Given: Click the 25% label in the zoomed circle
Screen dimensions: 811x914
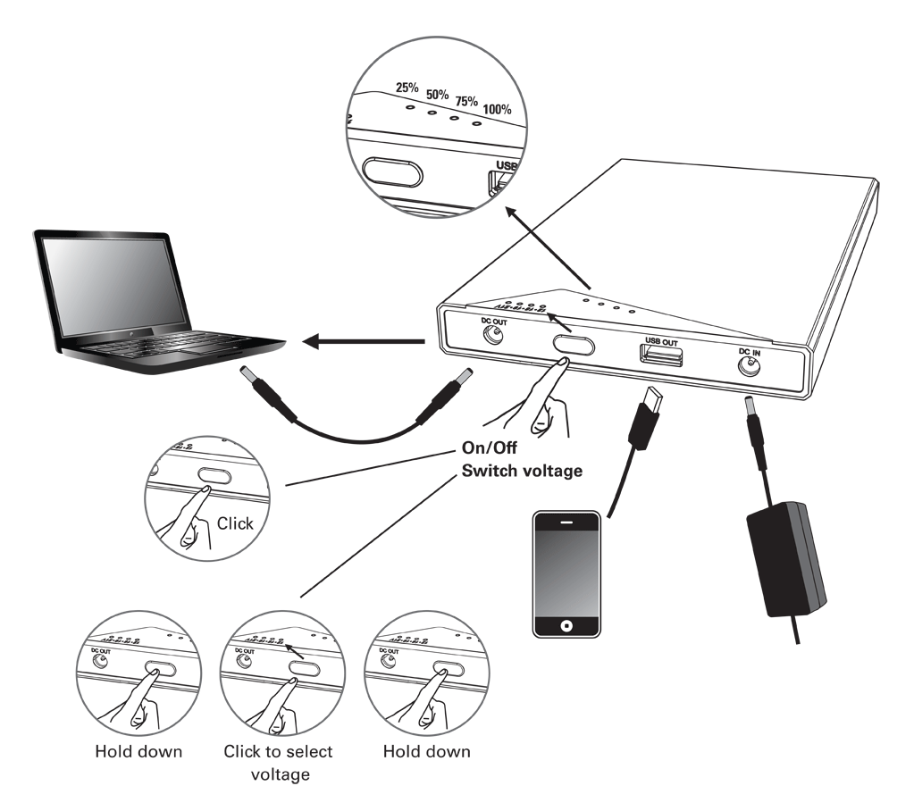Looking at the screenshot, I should pos(408,88).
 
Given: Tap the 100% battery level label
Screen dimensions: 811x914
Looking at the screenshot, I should pos(497,110).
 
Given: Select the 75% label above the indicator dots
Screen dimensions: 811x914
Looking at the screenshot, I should pos(466,102).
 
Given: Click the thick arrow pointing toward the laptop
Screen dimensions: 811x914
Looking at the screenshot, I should pos(362,340).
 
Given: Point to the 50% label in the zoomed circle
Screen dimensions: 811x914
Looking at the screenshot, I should pos(438,94).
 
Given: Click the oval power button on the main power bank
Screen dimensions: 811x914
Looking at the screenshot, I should pos(573,345).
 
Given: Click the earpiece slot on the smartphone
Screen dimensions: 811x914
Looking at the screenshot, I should pos(566,522).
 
